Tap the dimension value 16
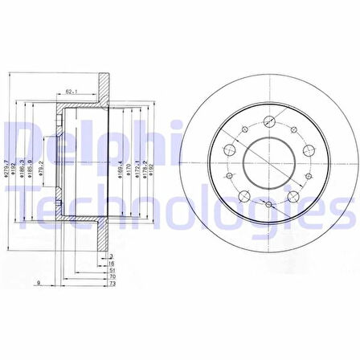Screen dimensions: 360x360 click(111, 263)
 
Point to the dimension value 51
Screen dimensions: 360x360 click(111, 271)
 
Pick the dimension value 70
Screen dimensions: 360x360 click(111, 278)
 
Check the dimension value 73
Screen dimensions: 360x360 click(111, 285)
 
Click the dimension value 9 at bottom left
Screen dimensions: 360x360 click(39, 283)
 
